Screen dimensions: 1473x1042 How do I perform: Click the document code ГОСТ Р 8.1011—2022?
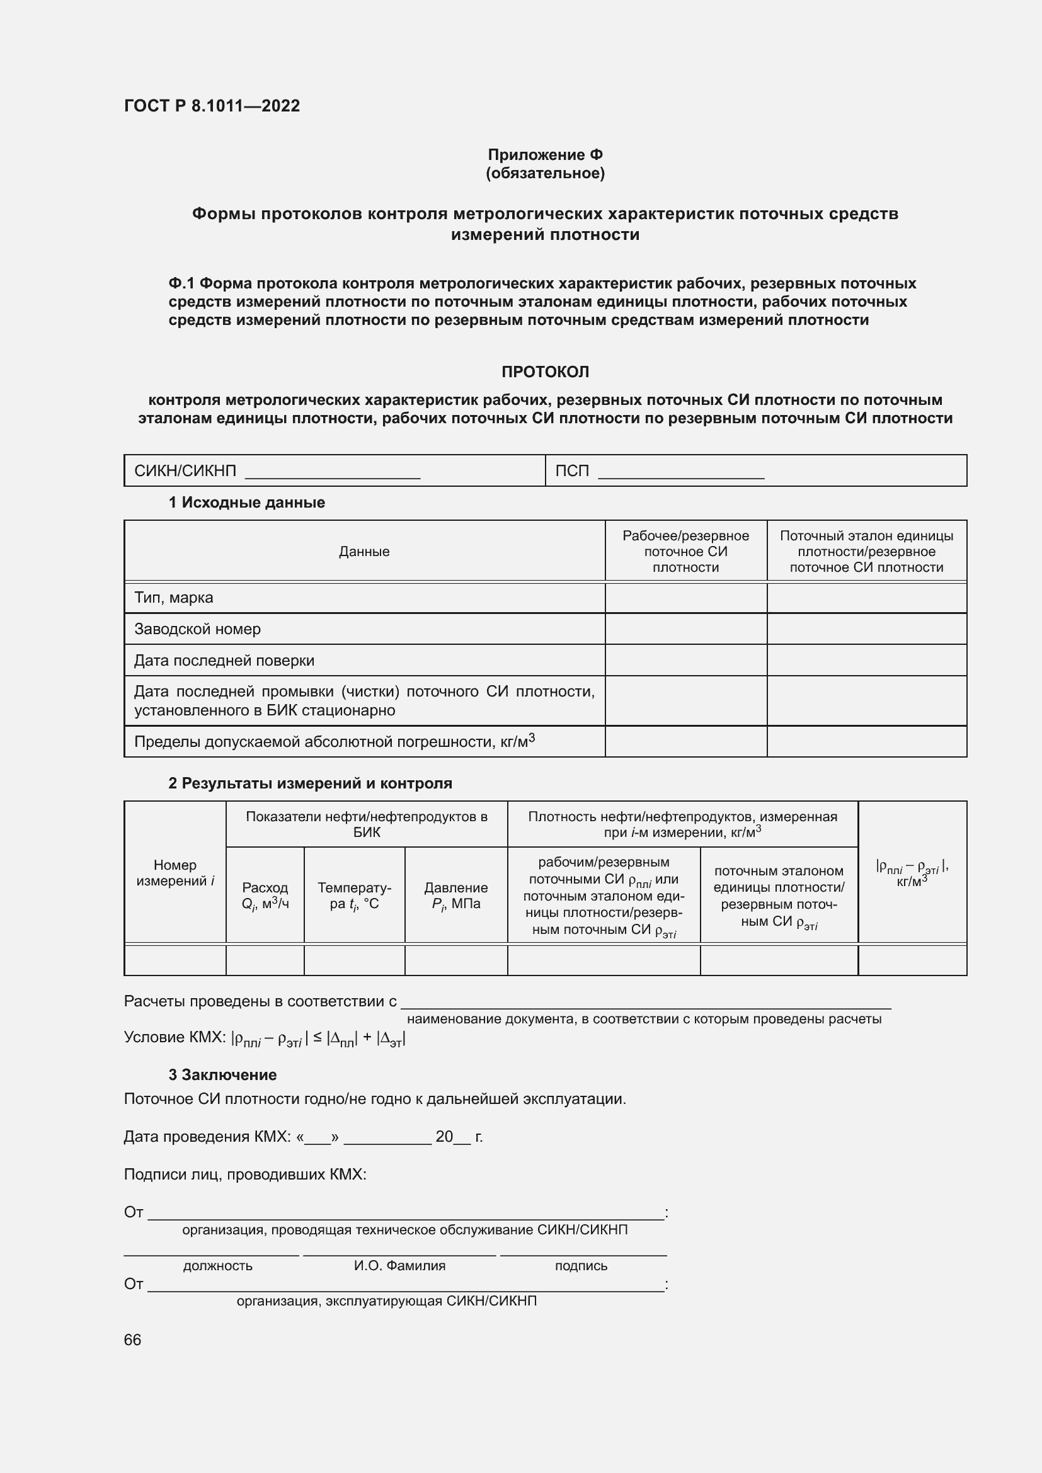(212, 106)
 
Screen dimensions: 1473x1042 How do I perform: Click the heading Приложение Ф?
(545, 155)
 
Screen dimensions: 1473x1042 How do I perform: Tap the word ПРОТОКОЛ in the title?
(545, 372)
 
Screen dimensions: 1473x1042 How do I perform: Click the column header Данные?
(364, 551)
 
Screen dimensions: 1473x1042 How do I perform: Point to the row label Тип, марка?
(173, 597)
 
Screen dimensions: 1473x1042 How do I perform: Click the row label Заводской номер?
(197, 628)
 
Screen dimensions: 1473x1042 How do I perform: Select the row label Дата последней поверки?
(224, 660)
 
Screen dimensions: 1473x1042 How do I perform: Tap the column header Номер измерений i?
(175, 872)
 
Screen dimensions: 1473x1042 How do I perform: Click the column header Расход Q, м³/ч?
(265, 895)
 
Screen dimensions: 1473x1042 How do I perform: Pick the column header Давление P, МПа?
(455, 895)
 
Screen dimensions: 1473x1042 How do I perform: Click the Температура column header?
(353, 895)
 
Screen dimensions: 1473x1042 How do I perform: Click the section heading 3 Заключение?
(222, 1074)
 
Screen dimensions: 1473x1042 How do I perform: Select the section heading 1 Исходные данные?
(246, 503)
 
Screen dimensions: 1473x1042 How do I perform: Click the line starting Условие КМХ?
(265, 1038)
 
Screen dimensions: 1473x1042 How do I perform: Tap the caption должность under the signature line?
(217, 1266)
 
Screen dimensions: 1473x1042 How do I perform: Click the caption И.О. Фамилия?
(399, 1266)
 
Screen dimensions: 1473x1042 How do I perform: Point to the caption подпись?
(581, 1266)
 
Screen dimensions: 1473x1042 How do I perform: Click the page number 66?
(132, 1339)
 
